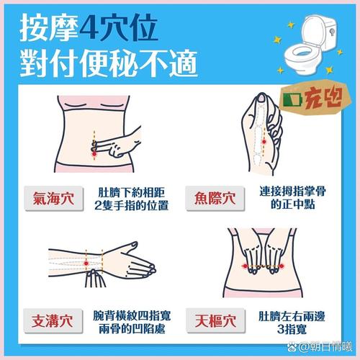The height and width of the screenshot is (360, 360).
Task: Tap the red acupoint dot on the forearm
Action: (x=88, y=265)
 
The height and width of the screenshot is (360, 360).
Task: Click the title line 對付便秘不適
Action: (x=108, y=65)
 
